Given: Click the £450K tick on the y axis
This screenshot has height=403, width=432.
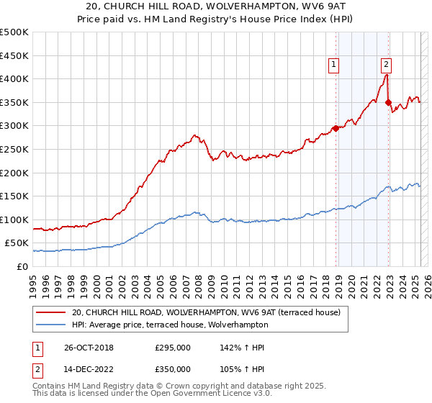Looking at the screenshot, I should click(x=14, y=55).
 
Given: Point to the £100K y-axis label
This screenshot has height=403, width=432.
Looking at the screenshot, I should click(x=14, y=219).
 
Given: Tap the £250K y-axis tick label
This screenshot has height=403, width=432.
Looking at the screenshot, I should click(x=14, y=149).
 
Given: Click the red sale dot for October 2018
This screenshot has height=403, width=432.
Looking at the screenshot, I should click(x=336, y=129).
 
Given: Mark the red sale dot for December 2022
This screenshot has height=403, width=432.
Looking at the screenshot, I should click(x=388, y=103).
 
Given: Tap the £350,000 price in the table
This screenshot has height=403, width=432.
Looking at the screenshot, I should click(x=173, y=368).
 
